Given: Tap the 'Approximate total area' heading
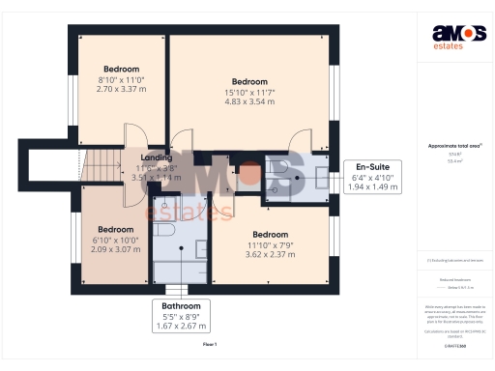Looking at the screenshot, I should [448, 145].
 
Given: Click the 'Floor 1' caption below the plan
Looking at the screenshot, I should [210, 344].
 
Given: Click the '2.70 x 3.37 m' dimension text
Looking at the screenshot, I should [122, 89].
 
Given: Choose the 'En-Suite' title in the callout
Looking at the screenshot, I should [369, 167].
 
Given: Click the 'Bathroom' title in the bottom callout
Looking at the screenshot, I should [182, 306].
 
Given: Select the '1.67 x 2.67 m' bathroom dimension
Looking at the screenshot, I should [182, 327].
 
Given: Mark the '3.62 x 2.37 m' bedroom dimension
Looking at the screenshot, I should [271, 255].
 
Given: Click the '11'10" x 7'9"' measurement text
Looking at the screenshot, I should [271, 245].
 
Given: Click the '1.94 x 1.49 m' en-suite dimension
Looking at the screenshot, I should [369, 187].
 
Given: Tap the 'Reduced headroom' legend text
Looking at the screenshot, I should [448, 278].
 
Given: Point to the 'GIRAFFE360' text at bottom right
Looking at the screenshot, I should [448, 344].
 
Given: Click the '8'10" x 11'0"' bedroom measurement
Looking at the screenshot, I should [122, 79].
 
